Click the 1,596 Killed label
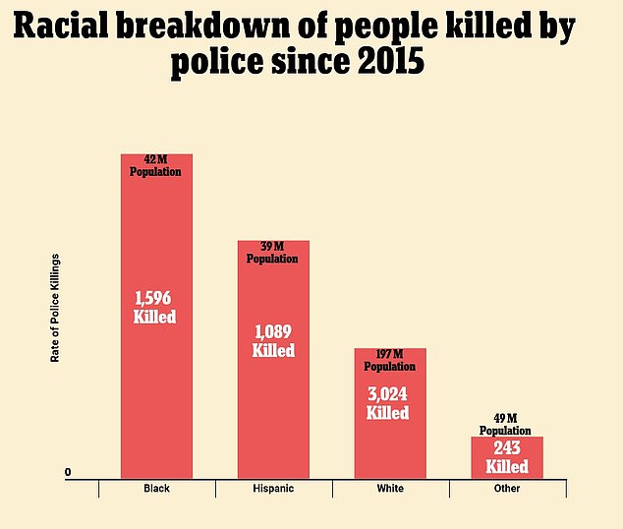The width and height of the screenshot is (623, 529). coord(154,307)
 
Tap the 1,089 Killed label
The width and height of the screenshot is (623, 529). coord(273,340)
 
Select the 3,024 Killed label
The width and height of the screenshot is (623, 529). coord(387,403)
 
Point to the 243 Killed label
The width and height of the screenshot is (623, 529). coord(507,457)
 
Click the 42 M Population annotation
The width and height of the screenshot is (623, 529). coord(155,166)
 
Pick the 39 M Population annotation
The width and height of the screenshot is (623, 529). coord(272,253)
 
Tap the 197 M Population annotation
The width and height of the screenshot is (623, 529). coord(390,360)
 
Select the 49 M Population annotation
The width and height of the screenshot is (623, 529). coord(505,425)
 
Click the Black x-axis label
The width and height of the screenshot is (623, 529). coord(156,488)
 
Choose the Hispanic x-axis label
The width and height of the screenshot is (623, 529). coord(273,488)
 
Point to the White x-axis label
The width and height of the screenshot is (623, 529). coord(390,488)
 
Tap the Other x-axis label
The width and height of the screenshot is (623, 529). coord(507,488)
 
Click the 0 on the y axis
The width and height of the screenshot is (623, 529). coord(68,472)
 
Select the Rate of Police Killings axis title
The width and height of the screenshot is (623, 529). coord(55,308)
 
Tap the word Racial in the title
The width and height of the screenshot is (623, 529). coord(61,26)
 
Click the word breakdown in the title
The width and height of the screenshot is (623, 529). coord(203,26)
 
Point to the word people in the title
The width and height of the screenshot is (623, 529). coord(386,29)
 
